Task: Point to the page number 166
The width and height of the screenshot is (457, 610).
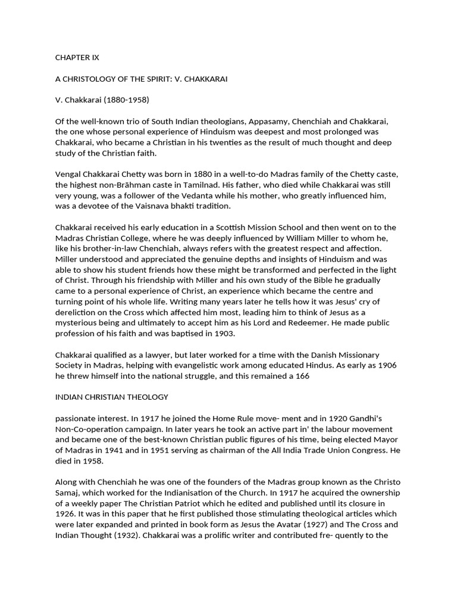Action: coord(302,376)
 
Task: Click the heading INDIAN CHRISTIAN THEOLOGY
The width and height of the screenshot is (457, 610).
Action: coord(111,397)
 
